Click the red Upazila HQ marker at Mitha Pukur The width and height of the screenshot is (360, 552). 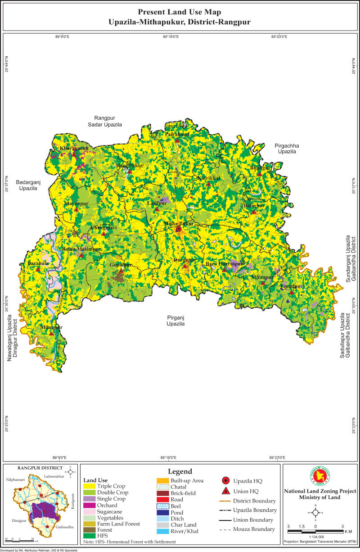point(179,229)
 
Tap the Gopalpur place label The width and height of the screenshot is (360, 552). point(121,265)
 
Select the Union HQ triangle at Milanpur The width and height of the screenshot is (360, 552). point(52,334)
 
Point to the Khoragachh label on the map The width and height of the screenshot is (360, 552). point(71,148)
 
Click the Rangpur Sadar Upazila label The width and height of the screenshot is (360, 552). point(105,121)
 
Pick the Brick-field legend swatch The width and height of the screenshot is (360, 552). point(162,493)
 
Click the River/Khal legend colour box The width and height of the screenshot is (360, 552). point(162,531)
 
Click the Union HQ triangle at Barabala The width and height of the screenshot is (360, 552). point(39,270)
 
